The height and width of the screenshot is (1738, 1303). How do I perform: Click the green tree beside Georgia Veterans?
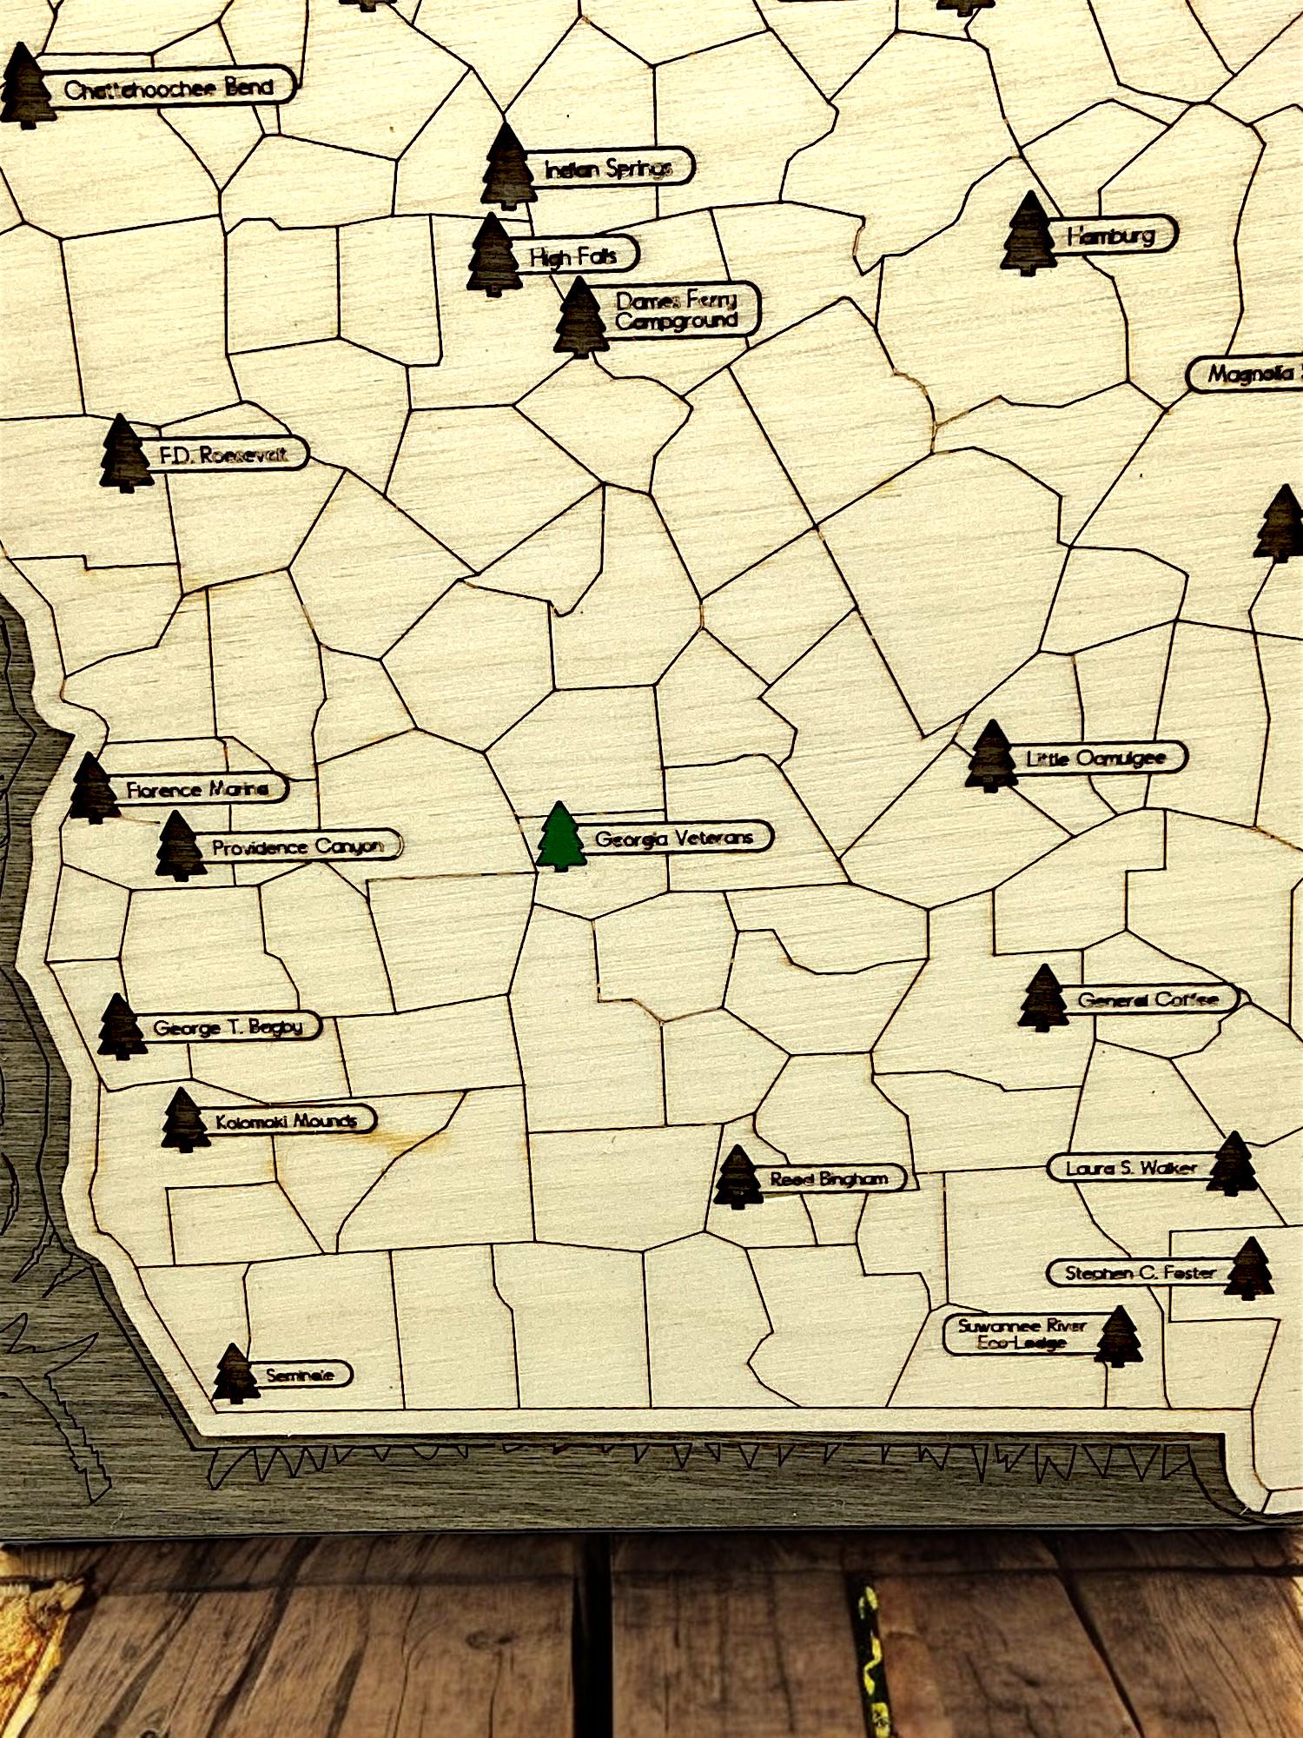click(560, 837)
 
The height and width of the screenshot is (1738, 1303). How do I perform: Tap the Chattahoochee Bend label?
click(169, 87)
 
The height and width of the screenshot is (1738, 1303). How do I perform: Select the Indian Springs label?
click(608, 168)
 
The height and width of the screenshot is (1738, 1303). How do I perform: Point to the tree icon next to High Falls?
click(493, 255)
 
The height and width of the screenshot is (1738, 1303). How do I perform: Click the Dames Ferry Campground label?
click(677, 309)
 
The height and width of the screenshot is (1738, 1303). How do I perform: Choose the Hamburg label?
click(1111, 235)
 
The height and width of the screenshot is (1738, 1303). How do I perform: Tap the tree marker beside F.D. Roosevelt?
click(124, 454)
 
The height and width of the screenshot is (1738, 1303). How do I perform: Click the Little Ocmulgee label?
click(1095, 758)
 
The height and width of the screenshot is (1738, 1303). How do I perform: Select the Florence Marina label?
click(197, 789)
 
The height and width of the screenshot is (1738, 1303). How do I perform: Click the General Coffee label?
click(1148, 999)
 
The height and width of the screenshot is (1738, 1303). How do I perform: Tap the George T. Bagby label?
click(228, 1027)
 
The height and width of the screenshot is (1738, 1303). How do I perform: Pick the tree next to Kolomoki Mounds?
click(185, 1120)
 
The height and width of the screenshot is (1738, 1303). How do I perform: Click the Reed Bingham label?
click(829, 1178)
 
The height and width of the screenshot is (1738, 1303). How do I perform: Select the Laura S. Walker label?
click(1131, 1168)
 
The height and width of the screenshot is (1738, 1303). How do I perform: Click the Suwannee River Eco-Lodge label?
click(1022, 1334)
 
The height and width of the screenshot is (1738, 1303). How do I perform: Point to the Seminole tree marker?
click(235, 1374)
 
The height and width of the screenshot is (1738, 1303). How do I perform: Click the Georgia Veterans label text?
click(673, 838)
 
